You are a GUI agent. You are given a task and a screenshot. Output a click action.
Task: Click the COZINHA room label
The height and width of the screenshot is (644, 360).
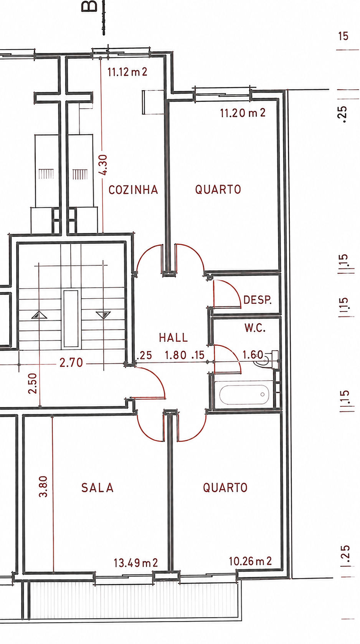(x=133, y=190)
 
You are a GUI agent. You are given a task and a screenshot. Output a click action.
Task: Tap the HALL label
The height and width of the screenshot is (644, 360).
(x=173, y=338)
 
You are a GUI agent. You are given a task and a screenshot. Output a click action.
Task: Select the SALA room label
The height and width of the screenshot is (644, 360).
(x=97, y=488)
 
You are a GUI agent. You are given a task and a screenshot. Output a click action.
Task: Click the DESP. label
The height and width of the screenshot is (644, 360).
(x=258, y=300)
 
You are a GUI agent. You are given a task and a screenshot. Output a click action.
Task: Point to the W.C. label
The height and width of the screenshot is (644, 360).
(x=255, y=328)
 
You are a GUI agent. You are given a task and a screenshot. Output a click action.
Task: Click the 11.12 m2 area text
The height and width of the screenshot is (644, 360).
(x=127, y=72)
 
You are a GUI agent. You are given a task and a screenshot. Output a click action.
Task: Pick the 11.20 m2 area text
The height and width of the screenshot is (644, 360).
(x=243, y=113)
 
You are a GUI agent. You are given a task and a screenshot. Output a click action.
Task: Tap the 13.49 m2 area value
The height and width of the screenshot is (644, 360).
(x=135, y=563)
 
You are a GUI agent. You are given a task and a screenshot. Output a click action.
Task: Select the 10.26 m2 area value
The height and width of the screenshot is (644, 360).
(x=250, y=561)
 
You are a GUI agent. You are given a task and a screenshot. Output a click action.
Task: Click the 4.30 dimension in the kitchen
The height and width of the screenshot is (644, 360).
(x=103, y=165)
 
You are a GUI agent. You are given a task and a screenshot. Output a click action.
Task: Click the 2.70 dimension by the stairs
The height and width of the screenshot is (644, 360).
(x=71, y=363)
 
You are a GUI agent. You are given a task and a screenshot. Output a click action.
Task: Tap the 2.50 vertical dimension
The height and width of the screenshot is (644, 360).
(x=33, y=383)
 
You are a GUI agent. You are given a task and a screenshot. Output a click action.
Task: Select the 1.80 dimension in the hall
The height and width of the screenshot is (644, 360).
(x=175, y=355)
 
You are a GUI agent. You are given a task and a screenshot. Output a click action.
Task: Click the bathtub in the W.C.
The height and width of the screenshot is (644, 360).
(x=244, y=394)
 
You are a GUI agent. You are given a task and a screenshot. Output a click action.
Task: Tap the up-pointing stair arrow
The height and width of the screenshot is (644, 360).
(x=40, y=315)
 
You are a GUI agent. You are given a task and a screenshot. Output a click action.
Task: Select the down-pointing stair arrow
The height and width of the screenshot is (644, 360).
(x=103, y=315)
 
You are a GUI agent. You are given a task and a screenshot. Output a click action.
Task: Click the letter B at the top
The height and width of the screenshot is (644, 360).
(x=90, y=6)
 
